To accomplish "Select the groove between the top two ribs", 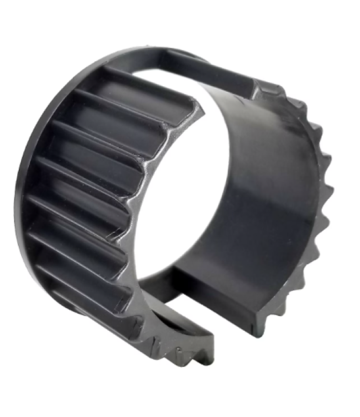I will (x=139, y=96).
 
